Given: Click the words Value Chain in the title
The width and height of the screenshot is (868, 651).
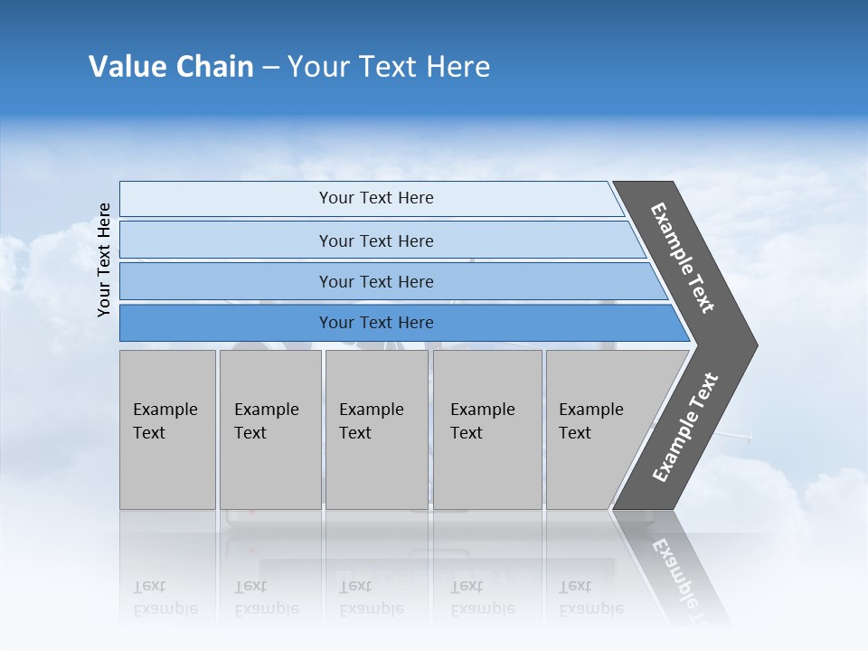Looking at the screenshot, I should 171,67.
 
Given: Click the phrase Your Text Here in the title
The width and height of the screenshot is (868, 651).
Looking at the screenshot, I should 389,67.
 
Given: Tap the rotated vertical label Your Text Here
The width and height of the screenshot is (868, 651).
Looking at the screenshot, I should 105,260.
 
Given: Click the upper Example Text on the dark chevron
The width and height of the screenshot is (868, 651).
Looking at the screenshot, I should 683,258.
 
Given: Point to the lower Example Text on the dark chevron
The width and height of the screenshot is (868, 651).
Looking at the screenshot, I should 684,428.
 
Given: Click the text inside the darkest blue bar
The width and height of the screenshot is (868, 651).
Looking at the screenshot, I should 376,323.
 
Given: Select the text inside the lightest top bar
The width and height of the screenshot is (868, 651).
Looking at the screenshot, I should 376,198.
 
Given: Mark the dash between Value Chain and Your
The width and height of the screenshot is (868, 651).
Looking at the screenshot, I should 270,68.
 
